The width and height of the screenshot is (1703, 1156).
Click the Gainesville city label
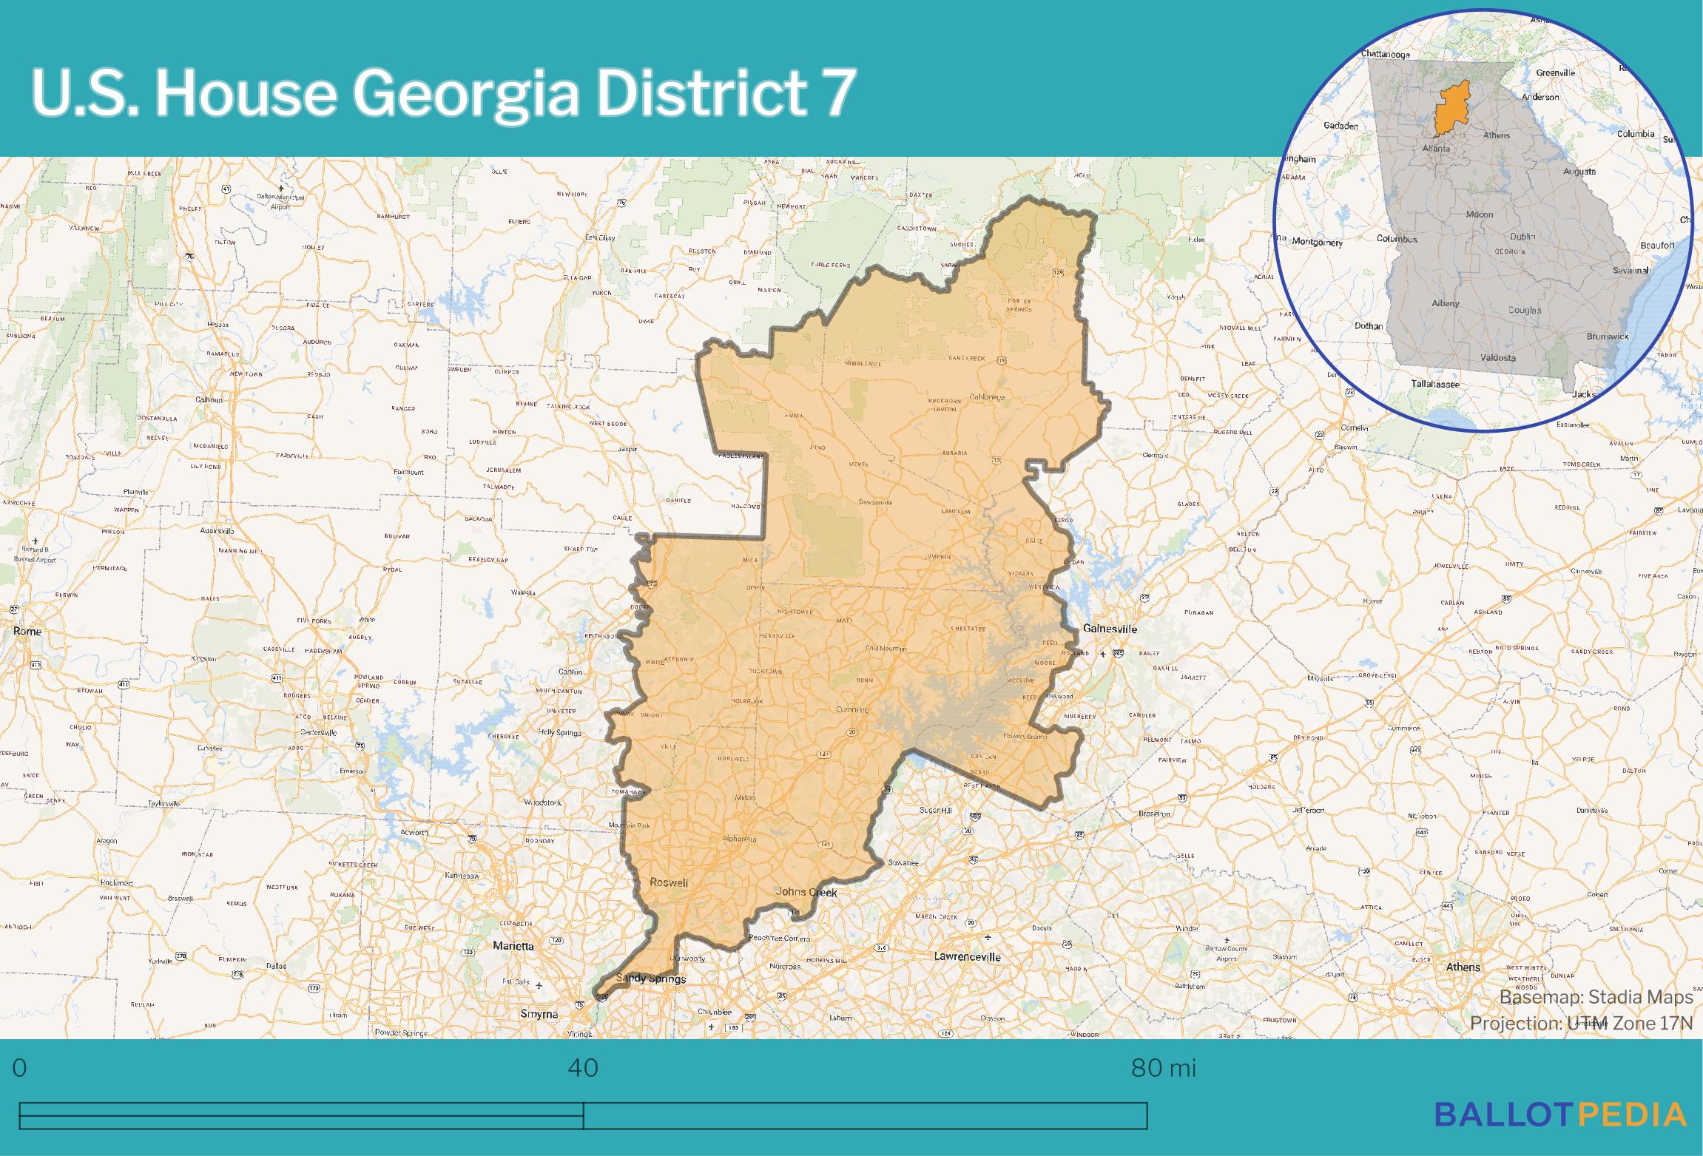point(1110,629)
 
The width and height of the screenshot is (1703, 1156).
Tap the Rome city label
point(27,632)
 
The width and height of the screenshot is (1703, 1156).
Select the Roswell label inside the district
point(669,882)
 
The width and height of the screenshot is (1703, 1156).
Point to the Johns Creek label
point(806,892)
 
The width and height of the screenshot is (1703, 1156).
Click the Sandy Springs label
point(651,978)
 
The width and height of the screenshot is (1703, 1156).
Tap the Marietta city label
point(513,946)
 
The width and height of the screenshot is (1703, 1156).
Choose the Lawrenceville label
point(967,956)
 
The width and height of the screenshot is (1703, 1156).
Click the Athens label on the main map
point(1463,967)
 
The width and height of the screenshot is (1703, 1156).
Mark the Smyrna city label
point(539,1014)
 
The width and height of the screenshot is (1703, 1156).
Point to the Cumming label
point(851,709)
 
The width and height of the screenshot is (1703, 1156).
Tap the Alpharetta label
point(739,839)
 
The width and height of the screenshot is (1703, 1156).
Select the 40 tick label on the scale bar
point(583,1069)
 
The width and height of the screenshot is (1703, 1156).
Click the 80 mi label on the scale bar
point(1163,1069)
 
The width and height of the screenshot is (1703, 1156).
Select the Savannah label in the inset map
point(1631,271)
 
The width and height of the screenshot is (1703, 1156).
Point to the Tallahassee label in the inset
point(1434,384)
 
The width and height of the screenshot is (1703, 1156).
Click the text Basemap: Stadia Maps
point(1596,998)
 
